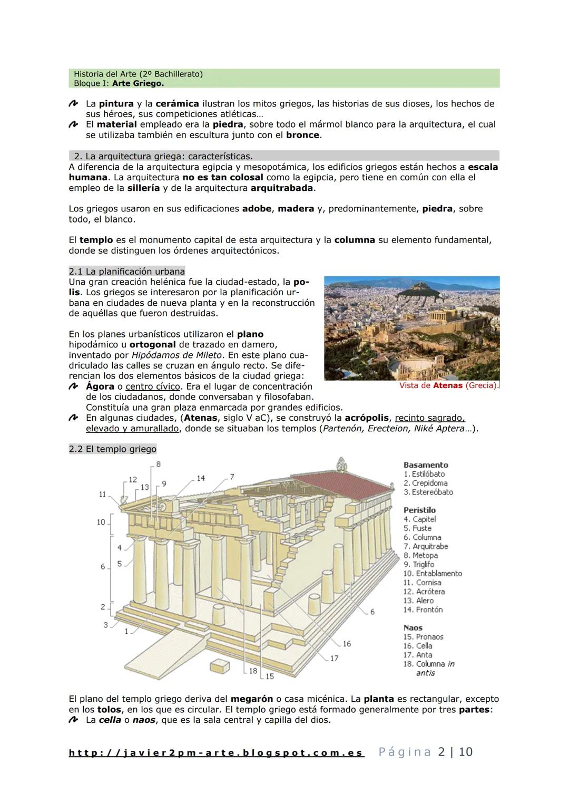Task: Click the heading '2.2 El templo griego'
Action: tap(113, 449)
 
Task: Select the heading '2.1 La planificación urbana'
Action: tap(127, 272)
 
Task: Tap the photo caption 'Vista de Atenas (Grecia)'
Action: tap(448, 386)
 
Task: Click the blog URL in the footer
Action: tap(216, 753)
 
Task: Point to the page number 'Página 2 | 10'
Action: tap(425, 752)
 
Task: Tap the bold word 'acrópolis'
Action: tap(367, 418)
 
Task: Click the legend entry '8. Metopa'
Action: tap(420, 556)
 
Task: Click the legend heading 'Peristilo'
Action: tap(419, 510)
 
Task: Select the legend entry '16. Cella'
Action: tap(418, 646)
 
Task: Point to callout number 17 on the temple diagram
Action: tap(334, 659)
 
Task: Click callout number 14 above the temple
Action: tap(201, 478)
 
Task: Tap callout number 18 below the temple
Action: tap(253, 671)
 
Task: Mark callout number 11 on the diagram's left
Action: tap(102, 495)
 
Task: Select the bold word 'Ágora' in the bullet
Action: tap(100, 387)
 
